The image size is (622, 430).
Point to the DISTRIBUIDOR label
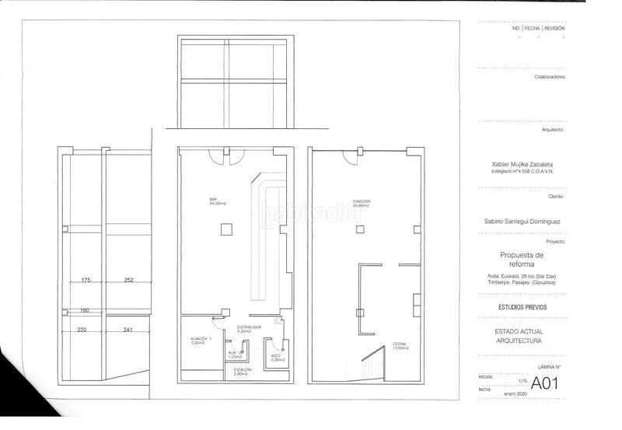pyautogui.click(x=249, y=327)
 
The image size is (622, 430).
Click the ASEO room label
pyautogui.click(x=276, y=357)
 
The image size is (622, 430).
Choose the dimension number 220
pyautogui.click(x=82, y=330)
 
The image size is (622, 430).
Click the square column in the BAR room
pyautogui.click(x=225, y=229)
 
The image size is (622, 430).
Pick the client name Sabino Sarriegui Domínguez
pyautogui.click(x=522, y=220)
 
